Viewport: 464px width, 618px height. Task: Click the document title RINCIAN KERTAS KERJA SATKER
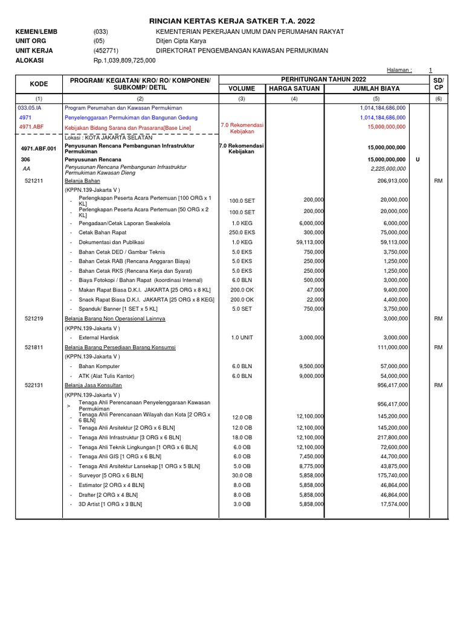232,21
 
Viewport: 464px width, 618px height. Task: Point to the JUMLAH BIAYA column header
376,89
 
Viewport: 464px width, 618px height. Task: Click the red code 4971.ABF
32,127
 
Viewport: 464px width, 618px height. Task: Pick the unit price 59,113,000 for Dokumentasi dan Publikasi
307,242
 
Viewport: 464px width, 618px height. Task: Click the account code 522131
34,385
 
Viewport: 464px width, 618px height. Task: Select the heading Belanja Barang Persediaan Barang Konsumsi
120,347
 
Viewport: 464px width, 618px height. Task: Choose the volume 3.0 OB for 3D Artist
242,504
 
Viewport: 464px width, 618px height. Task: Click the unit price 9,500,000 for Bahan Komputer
308,366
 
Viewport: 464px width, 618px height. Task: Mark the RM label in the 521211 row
439,180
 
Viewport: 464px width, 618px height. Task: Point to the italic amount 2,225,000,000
385,169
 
